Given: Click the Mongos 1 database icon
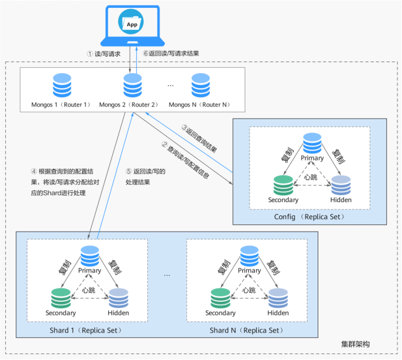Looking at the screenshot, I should click(62, 86).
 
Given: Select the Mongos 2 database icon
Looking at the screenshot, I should click(132, 86).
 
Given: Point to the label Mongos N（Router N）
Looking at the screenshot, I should click(199, 104).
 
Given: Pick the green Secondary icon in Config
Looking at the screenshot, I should click(283, 185).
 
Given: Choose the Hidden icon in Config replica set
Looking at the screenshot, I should click(341, 185).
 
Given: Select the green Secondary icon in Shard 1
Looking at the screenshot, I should click(61, 297).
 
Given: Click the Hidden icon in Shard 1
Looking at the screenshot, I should click(119, 297).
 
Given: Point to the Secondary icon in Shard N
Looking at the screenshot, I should click(220, 297).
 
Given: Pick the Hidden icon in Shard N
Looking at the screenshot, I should click(278, 297).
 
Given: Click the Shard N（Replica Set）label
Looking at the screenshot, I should click(247, 330).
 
